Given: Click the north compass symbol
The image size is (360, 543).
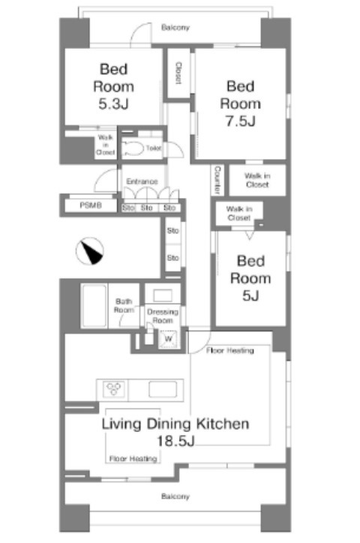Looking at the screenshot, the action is tap(90, 251).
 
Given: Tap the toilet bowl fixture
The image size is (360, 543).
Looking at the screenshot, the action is tap(133, 149).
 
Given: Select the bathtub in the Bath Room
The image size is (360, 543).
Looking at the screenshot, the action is tap(94, 306).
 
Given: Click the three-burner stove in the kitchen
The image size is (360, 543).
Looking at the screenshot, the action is tap(113, 389).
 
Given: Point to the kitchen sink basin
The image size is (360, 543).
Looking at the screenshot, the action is tap(163, 389).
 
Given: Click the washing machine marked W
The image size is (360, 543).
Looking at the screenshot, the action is tap(169, 339).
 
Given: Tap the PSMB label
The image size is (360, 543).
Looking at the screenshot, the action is tap(91, 205).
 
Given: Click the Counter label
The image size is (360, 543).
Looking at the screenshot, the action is tap(217, 180).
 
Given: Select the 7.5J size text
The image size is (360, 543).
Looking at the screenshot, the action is tap(240, 121).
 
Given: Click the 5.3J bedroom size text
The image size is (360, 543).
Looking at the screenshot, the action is tap(113, 104).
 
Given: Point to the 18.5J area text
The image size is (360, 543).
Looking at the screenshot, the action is tap(175, 441).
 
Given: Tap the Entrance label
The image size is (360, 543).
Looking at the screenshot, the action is tap(142, 181).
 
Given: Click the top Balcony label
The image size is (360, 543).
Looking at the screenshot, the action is tap(175, 27).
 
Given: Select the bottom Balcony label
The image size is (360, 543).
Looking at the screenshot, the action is tap(175, 496).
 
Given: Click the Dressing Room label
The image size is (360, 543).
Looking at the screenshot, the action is tap(163, 316).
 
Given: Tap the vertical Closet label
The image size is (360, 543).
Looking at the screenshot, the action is tap(178, 73).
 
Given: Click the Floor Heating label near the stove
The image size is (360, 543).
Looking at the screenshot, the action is tap(133, 458).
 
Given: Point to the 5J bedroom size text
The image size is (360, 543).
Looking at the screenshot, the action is tap(250, 295).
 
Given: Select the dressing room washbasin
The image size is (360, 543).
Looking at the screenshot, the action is tap(163, 295).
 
